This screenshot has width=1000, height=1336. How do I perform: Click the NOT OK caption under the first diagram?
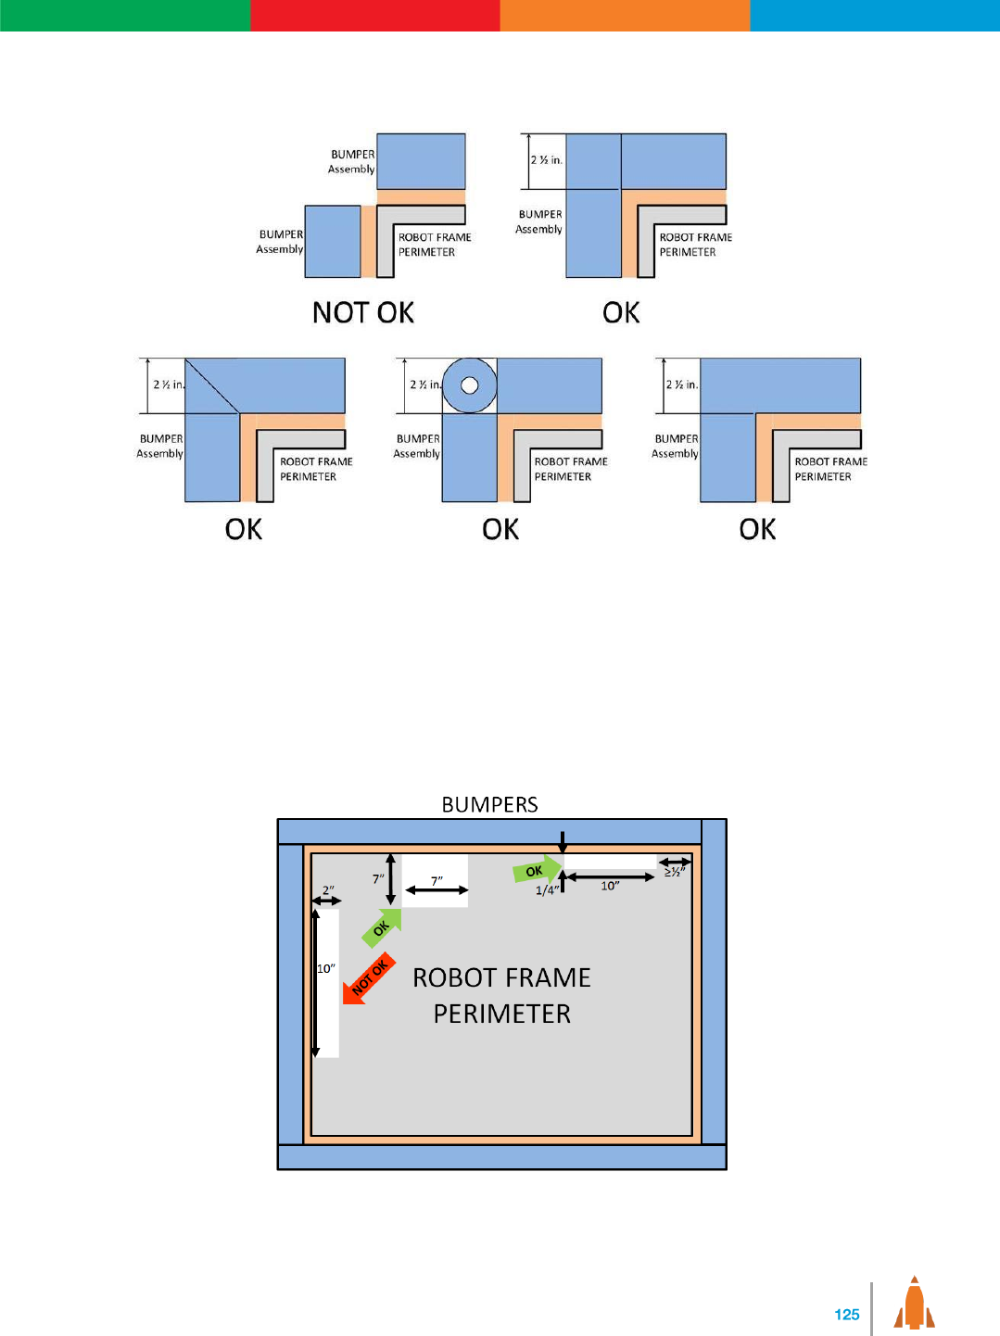click(x=362, y=312)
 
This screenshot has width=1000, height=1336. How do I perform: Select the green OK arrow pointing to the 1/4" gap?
click(x=537, y=870)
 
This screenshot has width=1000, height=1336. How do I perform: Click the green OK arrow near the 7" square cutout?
click(x=382, y=927)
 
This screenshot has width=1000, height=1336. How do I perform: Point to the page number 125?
click(x=846, y=1314)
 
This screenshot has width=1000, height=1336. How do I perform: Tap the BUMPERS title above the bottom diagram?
click(x=489, y=804)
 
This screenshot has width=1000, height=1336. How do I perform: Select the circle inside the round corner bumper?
click(x=469, y=384)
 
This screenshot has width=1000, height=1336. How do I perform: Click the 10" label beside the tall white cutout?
click(x=326, y=968)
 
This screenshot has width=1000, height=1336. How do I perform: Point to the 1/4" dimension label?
click(x=547, y=890)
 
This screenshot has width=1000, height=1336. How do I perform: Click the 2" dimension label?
click(x=328, y=890)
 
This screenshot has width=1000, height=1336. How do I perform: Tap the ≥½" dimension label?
click(x=675, y=872)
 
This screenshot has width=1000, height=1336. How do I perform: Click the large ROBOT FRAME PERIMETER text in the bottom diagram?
click(x=501, y=995)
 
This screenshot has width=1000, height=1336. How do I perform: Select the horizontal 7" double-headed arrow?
click(x=437, y=890)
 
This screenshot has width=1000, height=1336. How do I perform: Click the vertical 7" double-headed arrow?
click(x=391, y=878)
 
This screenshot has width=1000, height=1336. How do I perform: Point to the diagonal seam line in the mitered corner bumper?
click(x=213, y=385)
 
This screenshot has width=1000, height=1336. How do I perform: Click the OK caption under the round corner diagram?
click(x=500, y=529)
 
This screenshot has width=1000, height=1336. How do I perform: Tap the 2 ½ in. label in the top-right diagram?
click(x=546, y=160)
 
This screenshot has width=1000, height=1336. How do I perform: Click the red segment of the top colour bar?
click(x=374, y=15)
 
